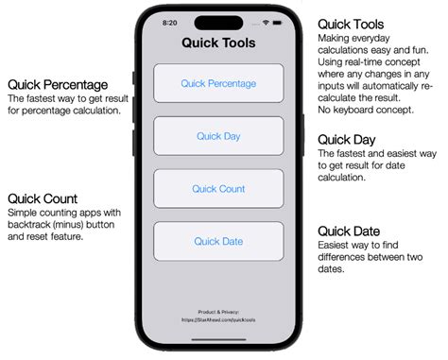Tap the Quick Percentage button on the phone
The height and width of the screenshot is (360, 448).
(218, 83)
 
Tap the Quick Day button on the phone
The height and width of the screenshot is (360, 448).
(218, 136)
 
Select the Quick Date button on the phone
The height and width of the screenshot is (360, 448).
(218, 241)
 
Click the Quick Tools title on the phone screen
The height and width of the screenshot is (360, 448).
(218, 43)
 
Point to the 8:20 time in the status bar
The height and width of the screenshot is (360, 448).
(170, 21)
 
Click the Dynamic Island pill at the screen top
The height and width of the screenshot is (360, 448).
(218, 22)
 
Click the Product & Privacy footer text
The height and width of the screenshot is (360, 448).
(218, 311)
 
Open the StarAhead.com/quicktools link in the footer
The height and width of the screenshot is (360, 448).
(218, 319)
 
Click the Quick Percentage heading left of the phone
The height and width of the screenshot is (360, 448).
(57, 84)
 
